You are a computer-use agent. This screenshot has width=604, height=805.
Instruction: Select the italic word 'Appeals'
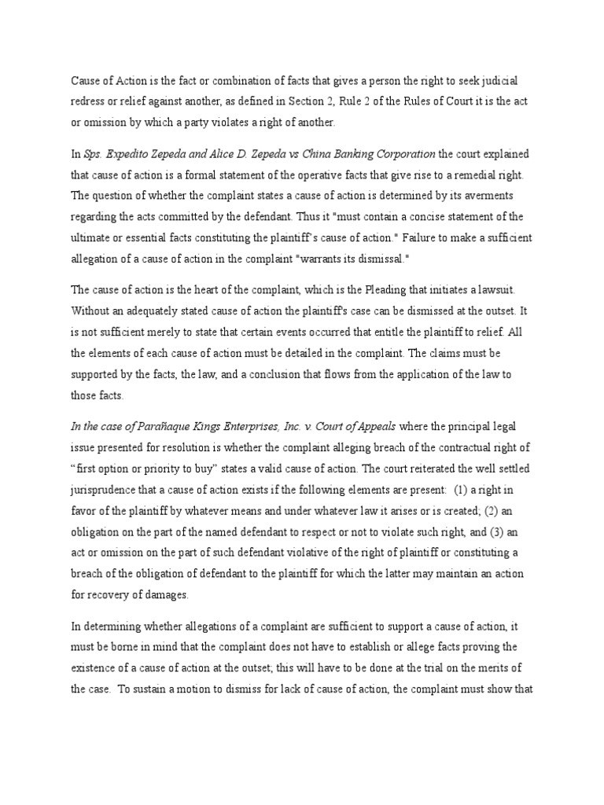point(375,427)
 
